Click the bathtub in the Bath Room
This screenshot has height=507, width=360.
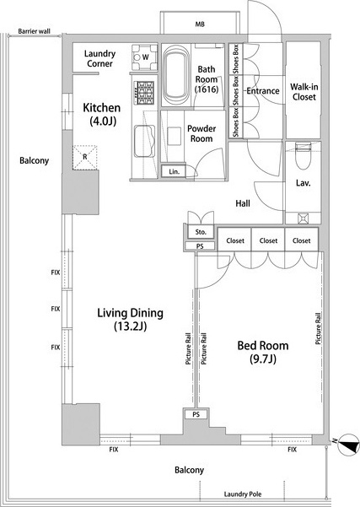[175, 75]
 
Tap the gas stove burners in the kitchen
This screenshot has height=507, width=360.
[144, 93]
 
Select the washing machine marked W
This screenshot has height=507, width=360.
[144, 57]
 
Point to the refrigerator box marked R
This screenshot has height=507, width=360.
[85, 158]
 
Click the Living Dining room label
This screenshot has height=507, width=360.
[130, 320]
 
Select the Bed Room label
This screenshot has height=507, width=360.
[263, 352]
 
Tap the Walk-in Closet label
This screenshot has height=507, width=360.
[304, 92]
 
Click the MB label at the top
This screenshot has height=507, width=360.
[200, 24]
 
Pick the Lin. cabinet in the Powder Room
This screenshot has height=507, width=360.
[174, 171]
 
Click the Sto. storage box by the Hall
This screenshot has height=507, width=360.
[201, 232]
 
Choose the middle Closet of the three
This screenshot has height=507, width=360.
[268, 240]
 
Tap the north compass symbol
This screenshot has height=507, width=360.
[348, 445]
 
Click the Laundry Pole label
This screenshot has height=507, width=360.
[243, 494]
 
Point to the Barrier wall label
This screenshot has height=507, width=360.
[34, 31]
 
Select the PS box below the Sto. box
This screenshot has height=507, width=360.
[200, 246]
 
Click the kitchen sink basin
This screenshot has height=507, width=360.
[144, 141]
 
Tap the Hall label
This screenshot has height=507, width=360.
[243, 203]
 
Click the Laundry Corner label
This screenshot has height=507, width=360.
[99, 58]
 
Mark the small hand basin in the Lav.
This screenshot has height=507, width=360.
[304, 218]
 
